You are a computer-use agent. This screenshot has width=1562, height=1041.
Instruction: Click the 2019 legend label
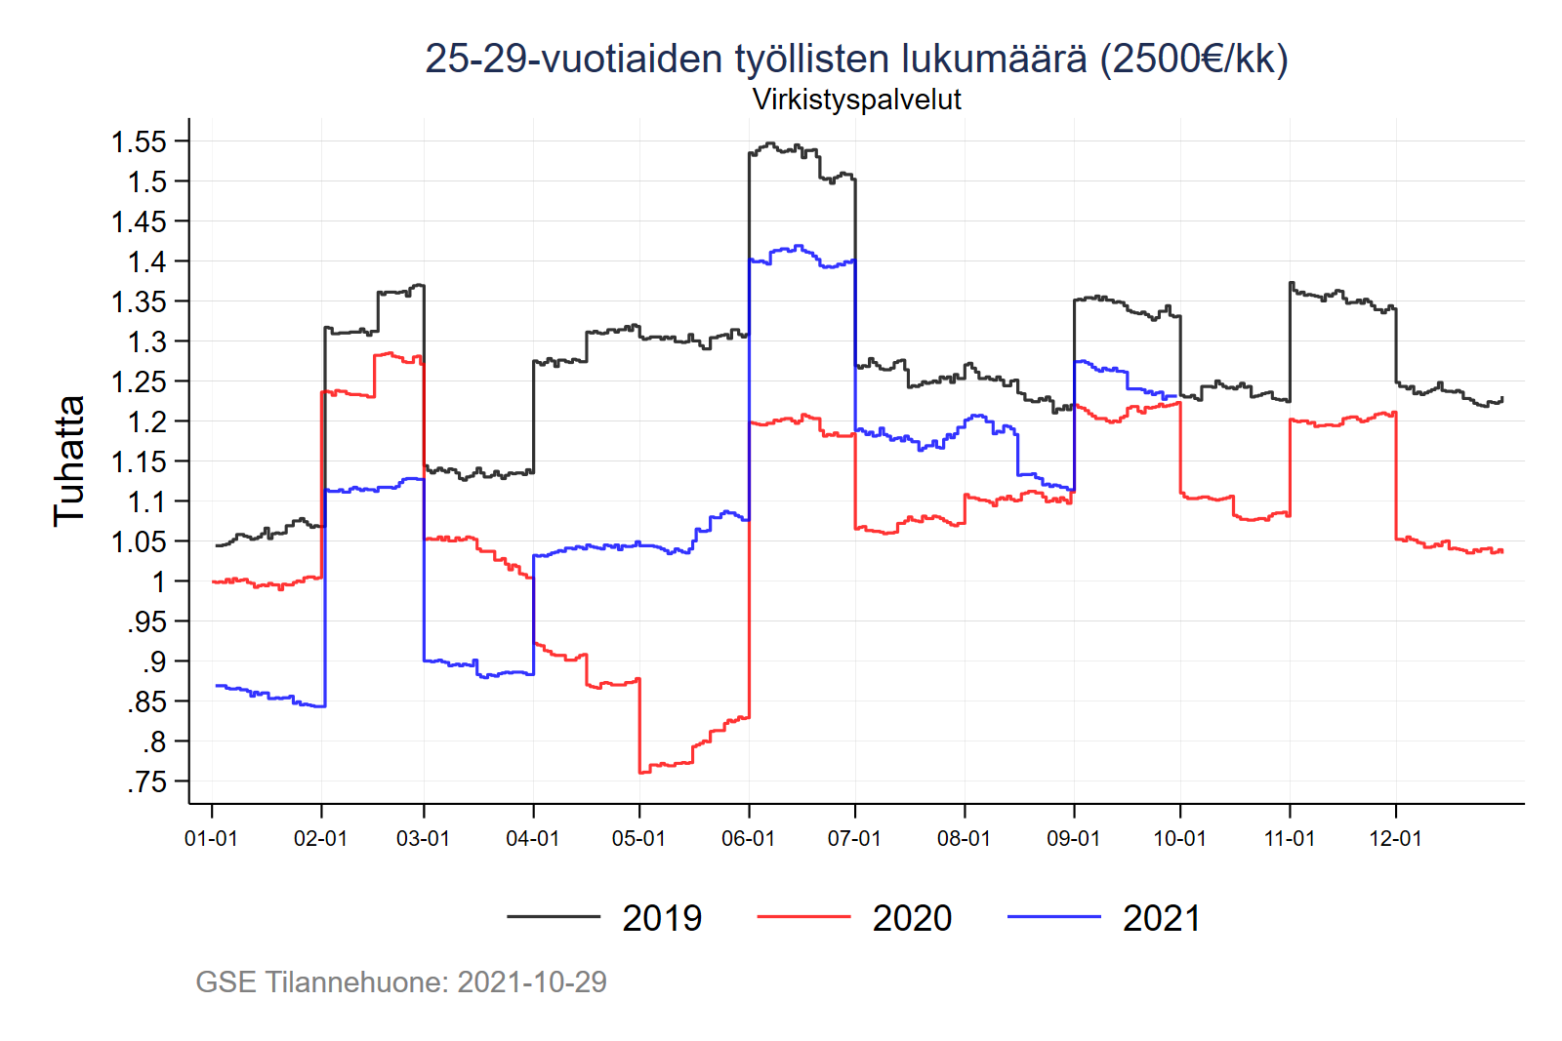click(x=662, y=918)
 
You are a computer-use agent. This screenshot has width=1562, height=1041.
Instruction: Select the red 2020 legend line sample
click(x=803, y=917)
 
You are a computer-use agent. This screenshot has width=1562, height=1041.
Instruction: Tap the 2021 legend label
click(x=1162, y=918)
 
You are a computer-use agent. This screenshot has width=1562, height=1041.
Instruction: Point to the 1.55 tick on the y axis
click(x=140, y=141)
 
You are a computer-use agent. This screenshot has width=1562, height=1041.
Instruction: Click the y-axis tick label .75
click(x=147, y=781)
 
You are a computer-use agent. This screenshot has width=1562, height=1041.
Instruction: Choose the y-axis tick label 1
click(x=158, y=581)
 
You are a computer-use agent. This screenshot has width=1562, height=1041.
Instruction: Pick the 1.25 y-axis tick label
click(x=140, y=381)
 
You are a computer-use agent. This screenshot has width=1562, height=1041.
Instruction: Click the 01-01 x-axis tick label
click(x=211, y=839)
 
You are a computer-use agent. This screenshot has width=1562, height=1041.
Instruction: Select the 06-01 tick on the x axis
click(x=748, y=839)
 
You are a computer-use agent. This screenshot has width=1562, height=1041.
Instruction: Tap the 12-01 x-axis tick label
click(x=1395, y=839)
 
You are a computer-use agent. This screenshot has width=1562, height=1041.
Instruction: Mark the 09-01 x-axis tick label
click(x=1073, y=839)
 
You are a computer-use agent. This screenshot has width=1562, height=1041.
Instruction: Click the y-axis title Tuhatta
click(x=69, y=461)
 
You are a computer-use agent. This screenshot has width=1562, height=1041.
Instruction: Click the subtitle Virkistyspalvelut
click(x=856, y=100)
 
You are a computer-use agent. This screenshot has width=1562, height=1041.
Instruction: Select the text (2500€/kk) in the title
click(x=1194, y=60)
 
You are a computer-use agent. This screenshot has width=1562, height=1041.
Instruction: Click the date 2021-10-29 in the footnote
click(x=532, y=981)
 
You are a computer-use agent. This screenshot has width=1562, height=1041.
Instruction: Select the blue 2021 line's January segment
click(x=268, y=696)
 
